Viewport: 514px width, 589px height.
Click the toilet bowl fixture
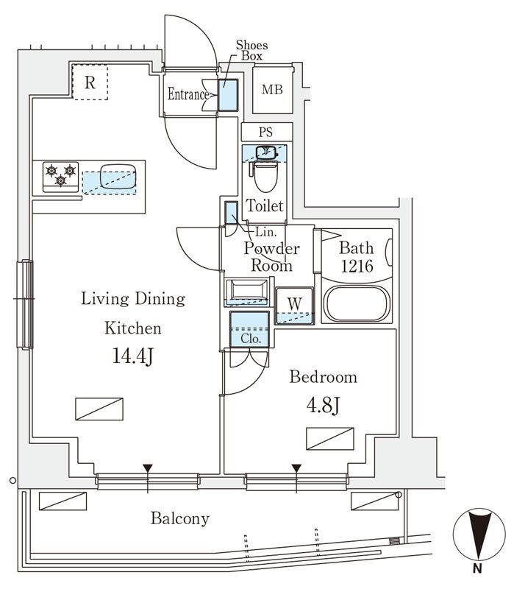(265, 176)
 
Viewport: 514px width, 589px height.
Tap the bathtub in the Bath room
(357, 303)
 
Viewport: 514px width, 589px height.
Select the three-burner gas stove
(61, 177)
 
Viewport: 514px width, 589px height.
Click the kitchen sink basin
(118, 176)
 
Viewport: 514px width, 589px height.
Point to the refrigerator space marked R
(90, 82)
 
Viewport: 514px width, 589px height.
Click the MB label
(272, 90)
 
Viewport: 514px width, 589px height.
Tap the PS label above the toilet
(265, 133)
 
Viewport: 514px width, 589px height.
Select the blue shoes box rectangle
(228, 95)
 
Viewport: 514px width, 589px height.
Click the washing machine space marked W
(295, 306)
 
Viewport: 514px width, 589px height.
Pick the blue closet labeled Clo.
(249, 329)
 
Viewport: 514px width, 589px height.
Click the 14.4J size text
(133, 356)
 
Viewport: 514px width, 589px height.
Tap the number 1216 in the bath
(357, 266)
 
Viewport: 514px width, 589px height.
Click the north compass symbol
(479, 535)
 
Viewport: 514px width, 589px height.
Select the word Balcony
(180, 519)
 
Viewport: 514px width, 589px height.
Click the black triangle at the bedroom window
(296, 468)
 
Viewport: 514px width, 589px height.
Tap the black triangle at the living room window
(148, 468)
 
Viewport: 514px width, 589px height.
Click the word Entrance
(188, 94)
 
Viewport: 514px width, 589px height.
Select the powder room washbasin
(247, 292)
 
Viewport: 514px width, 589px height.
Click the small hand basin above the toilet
(266, 152)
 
